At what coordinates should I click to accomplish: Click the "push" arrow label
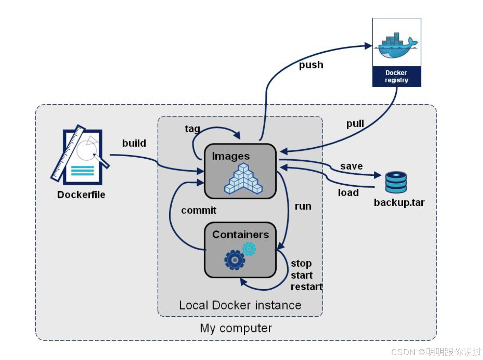pyautogui.click(x=311, y=65)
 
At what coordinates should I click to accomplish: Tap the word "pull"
pyautogui.click(x=355, y=123)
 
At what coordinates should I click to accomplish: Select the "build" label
pyautogui.click(x=134, y=143)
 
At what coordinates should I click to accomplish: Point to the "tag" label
pyautogui.click(x=192, y=129)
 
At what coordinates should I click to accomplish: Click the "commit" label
pyautogui.click(x=199, y=210)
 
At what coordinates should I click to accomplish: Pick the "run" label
pyautogui.click(x=303, y=206)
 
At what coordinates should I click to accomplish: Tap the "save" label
pyautogui.click(x=351, y=166)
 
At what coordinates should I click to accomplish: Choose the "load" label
pyautogui.click(x=348, y=193)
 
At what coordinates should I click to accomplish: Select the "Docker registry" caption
pyautogui.click(x=396, y=76)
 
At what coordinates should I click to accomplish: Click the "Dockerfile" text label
pyautogui.click(x=81, y=195)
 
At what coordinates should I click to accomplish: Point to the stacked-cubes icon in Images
pyautogui.click(x=243, y=179)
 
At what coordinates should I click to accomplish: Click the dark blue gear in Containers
pyautogui.click(x=235, y=260)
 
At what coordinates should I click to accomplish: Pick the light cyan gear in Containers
pyautogui.click(x=249, y=249)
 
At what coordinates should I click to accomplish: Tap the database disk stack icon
pyautogui.click(x=396, y=182)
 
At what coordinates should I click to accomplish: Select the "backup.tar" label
pyautogui.click(x=399, y=203)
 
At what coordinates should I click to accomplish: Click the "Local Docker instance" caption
pyautogui.click(x=240, y=305)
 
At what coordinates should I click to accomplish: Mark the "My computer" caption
pyautogui.click(x=236, y=328)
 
